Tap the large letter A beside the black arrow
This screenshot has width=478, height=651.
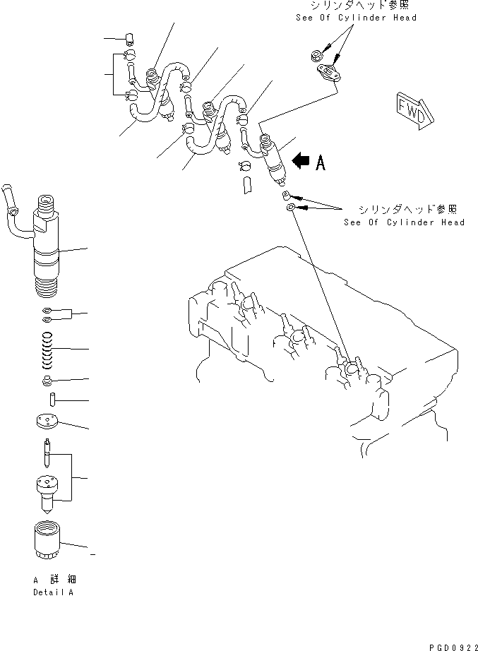click(321, 164)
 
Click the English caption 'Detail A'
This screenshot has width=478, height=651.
click(53, 592)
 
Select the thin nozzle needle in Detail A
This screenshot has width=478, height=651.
click(47, 452)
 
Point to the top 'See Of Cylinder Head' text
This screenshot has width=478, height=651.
click(356, 18)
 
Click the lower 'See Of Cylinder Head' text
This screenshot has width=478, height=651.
click(404, 222)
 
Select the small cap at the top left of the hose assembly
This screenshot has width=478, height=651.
click(129, 38)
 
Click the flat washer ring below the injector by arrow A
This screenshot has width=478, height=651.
click(291, 208)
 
